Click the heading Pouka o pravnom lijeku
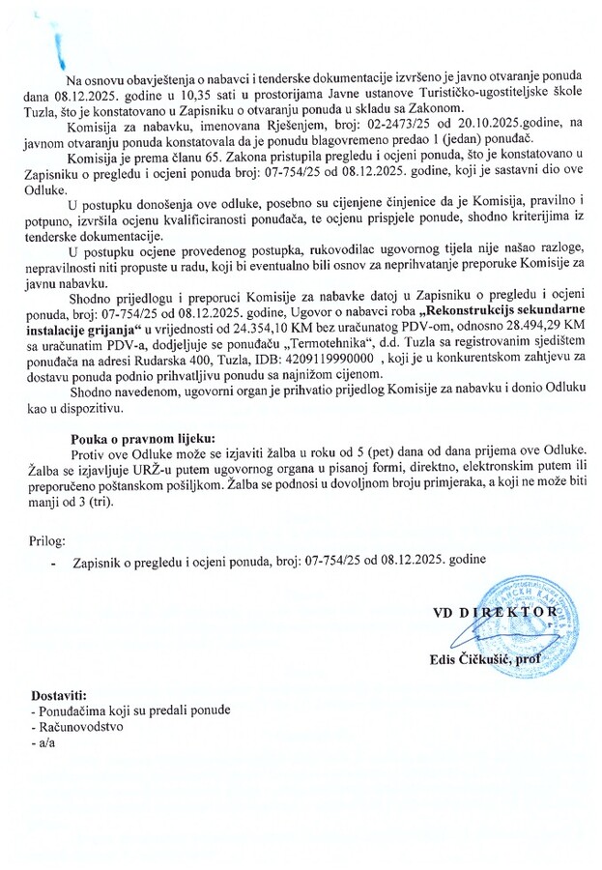pyautogui.click(x=146, y=437)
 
